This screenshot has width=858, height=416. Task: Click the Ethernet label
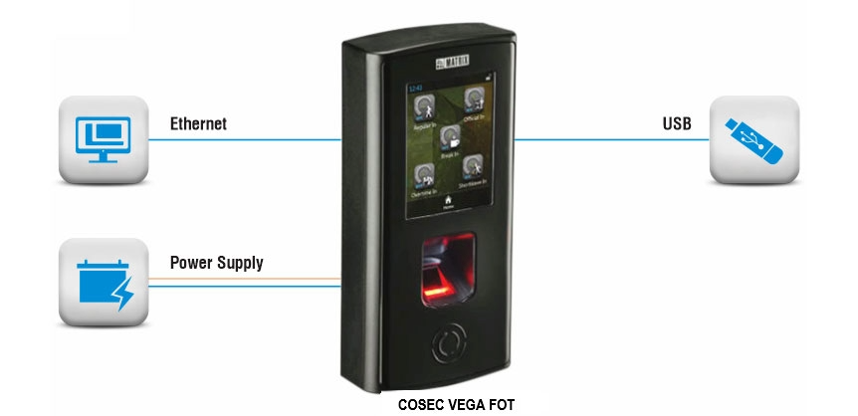tap(198, 124)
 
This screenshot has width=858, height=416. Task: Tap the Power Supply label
tap(216, 263)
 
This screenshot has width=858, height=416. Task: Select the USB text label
tap(677, 124)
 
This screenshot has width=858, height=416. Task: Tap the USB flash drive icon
tap(753, 139)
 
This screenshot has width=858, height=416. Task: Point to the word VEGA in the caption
tap(465, 405)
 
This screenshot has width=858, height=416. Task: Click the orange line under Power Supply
tap(249, 277)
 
